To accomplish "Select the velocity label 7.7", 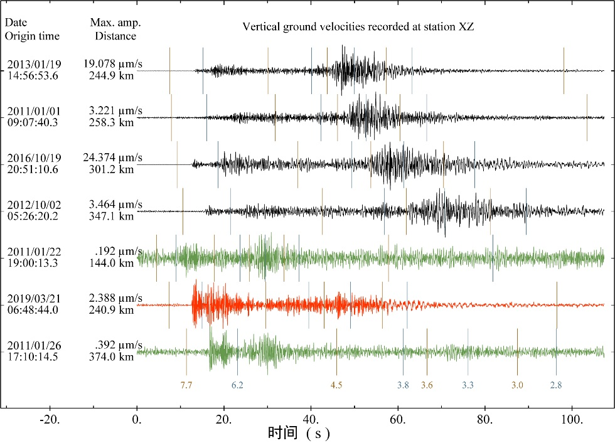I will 186,385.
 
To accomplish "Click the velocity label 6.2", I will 237,385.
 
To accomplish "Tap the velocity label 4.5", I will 336,385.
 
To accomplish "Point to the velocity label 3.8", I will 403,385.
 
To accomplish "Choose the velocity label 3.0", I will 517,385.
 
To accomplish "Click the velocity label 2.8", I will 556,385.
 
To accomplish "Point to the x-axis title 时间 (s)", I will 298,433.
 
